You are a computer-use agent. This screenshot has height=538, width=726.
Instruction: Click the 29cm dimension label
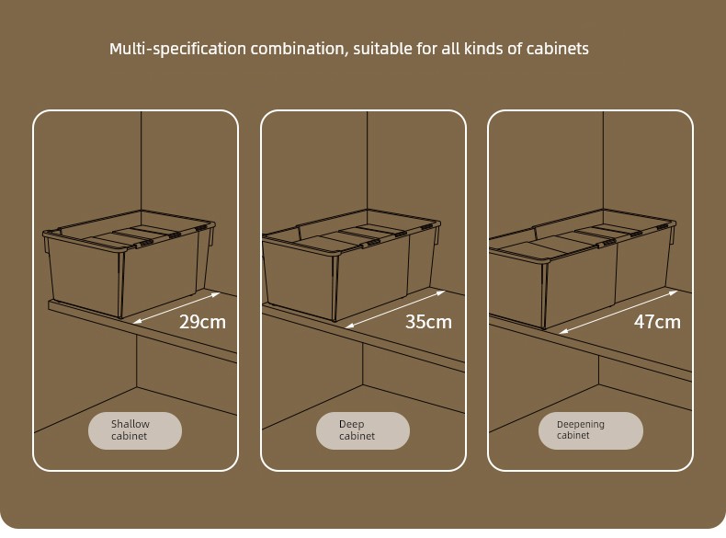click(202, 322)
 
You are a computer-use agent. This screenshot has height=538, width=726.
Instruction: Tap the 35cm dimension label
click(428, 322)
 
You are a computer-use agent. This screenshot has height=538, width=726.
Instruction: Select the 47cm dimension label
click(657, 322)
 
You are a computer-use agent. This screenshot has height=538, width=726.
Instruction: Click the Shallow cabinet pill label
click(135, 430)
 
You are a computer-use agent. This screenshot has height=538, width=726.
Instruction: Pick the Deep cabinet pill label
click(362, 430)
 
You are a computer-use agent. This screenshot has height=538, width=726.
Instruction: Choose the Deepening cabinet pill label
click(590, 430)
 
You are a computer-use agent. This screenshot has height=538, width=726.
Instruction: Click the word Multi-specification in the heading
click(177, 49)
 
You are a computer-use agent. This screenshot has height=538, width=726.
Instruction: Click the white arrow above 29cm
click(176, 308)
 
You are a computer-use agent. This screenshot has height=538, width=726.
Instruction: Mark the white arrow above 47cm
click(618, 312)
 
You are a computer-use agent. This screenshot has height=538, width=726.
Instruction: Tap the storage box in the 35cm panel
click(351, 265)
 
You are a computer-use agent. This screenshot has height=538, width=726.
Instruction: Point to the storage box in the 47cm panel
click(582, 269)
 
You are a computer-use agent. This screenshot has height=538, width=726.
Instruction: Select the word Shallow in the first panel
click(130, 424)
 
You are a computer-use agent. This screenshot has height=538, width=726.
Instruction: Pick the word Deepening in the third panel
click(580, 425)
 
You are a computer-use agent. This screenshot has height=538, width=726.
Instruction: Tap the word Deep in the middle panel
click(351, 425)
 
